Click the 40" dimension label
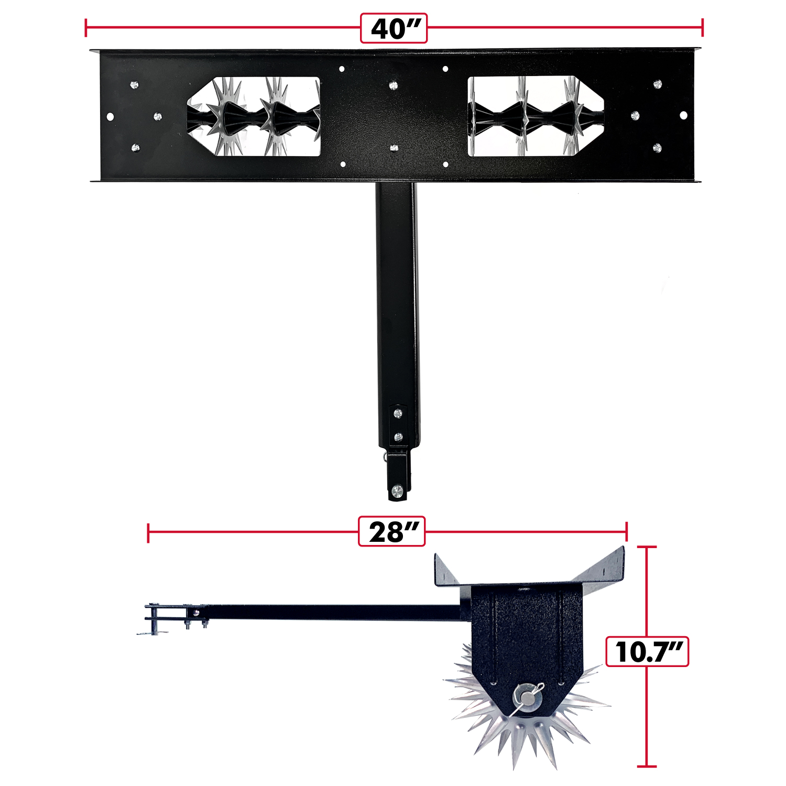tap(394, 28)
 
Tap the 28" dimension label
tap(391, 531)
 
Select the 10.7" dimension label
tap(647, 652)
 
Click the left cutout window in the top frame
tap(254, 116)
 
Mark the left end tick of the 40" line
tap(86, 28)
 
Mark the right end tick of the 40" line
tap(702, 28)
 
